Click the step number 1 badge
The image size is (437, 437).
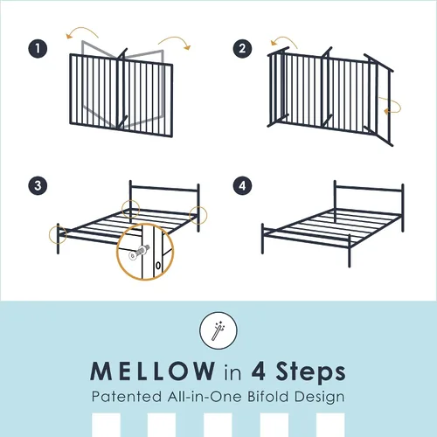point(38,48)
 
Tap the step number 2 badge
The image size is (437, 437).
point(242,48)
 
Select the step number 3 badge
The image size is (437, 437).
point(38,185)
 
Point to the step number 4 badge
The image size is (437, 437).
point(242,185)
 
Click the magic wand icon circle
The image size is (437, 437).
point(218,330)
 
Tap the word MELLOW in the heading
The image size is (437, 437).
point(153,371)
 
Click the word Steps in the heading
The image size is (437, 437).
point(310,371)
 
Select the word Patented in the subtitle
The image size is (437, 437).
point(127,397)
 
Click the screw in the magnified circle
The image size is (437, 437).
point(139,253)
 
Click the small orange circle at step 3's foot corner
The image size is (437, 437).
point(58,234)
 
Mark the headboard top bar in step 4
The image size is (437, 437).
point(369,188)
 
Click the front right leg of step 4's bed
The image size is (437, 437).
point(350,251)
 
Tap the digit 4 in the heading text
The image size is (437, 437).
point(259,371)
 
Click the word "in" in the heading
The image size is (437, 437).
point(232,372)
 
